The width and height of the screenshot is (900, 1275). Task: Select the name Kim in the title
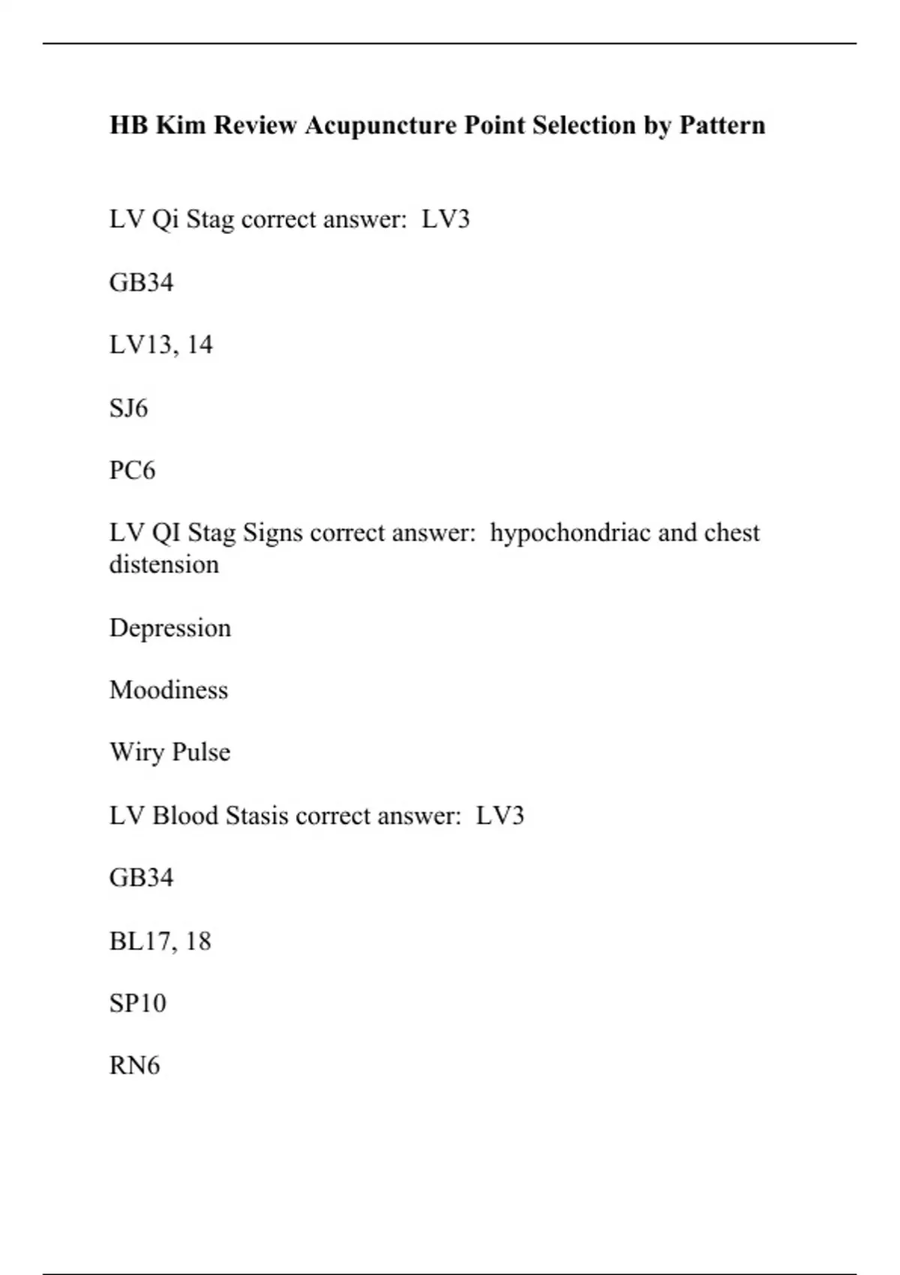(x=180, y=125)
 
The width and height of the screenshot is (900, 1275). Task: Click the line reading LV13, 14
(x=160, y=345)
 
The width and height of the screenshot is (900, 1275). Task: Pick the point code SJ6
(x=128, y=408)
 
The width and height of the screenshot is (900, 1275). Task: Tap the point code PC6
(x=132, y=470)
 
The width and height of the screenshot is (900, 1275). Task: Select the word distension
(x=163, y=565)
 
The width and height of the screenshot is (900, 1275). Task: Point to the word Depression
(x=169, y=628)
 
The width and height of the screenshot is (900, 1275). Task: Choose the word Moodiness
(x=168, y=690)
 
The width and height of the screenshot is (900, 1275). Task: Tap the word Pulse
(x=201, y=752)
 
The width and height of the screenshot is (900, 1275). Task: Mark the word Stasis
(x=257, y=815)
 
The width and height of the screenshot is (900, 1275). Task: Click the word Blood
(x=185, y=815)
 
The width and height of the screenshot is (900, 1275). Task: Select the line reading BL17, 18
(x=160, y=941)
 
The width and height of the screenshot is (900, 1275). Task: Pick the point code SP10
(x=137, y=1003)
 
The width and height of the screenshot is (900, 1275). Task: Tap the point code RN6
(x=134, y=1066)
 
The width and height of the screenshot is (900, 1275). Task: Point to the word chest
(x=731, y=533)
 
